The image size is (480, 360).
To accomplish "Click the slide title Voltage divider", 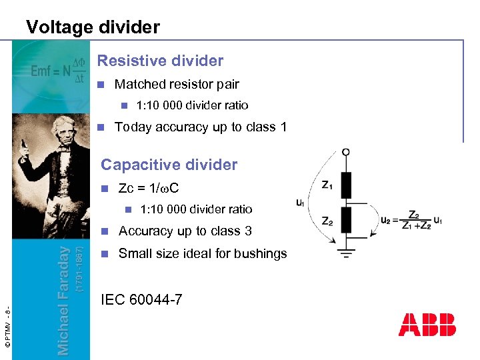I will click(93, 27).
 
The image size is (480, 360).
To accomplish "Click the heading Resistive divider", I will click(160, 61).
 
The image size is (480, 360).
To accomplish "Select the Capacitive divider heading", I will click(168, 165).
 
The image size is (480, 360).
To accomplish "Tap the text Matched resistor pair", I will click(176, 85).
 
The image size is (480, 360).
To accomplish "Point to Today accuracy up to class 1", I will click(200, 127).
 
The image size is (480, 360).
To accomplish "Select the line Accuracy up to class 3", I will click(185, 231).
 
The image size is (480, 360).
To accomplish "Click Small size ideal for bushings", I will click(202, 253).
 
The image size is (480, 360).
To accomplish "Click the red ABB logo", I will click(427, 325).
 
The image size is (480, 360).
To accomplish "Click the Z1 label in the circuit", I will click(327, 185).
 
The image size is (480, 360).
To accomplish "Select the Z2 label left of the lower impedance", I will click(327, 221).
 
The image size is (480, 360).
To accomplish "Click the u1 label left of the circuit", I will click(301, 203).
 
